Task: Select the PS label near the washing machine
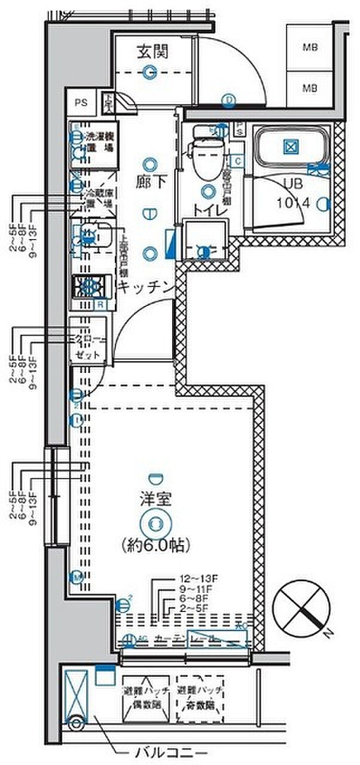(x=81, y=102)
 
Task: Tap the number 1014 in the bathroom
(x=292, y=203)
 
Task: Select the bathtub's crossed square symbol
(x=290, y=146)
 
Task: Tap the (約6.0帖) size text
(x=155, y=544)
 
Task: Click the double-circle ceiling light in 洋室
(x=155, y=524)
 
